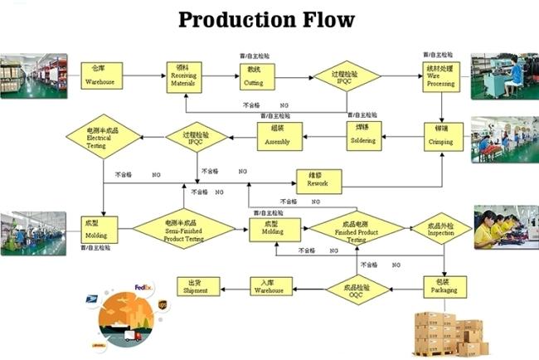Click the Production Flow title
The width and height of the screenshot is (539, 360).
[267, 19]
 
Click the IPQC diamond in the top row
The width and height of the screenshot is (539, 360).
[346, 77]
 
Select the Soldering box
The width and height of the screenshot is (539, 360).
[362, 135]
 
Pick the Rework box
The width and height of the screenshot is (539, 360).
[318, 181]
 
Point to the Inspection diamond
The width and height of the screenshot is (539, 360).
[439, 228]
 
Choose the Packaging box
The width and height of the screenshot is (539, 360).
[439, 287]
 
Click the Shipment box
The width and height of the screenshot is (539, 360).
[199, 286]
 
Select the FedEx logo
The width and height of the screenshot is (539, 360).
[143, 288]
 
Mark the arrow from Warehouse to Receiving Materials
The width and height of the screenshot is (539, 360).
[145, 76]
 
